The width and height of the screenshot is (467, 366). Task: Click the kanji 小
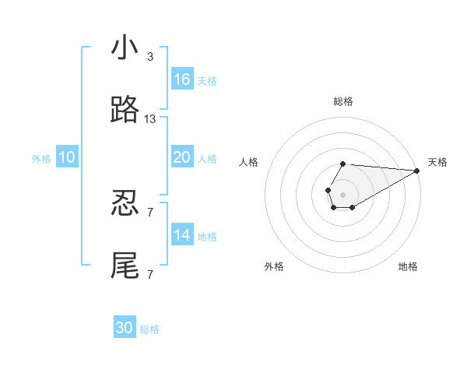[125, 48]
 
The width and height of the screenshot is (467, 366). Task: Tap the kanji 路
[125, 111]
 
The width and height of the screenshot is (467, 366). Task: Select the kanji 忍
[125, 204]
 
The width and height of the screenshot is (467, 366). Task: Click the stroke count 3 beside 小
[149, 57]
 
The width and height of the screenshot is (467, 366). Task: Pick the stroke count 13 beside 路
[150, 119]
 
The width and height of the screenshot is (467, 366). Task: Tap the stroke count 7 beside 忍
[149, 212]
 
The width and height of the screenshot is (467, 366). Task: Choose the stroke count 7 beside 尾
[149, 274]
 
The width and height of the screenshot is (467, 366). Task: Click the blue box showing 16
[182, 79]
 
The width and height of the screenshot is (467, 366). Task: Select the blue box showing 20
[182, 158]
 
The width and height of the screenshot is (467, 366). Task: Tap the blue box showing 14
[182, 235]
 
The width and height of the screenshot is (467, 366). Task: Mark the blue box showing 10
[67, 158]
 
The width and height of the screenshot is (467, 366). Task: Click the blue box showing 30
[125, 328]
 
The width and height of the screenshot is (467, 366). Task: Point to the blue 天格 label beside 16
[207, 80]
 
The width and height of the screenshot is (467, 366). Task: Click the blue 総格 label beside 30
[149, 329]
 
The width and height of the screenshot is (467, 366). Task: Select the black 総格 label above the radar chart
[343, 101]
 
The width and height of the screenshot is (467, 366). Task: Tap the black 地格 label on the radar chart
[408, 266]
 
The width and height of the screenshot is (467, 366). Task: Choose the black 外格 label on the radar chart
[274, 266]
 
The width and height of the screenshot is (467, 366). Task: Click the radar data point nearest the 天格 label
[417, 171]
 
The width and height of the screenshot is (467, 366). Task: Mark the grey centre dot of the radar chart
[342, 193]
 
